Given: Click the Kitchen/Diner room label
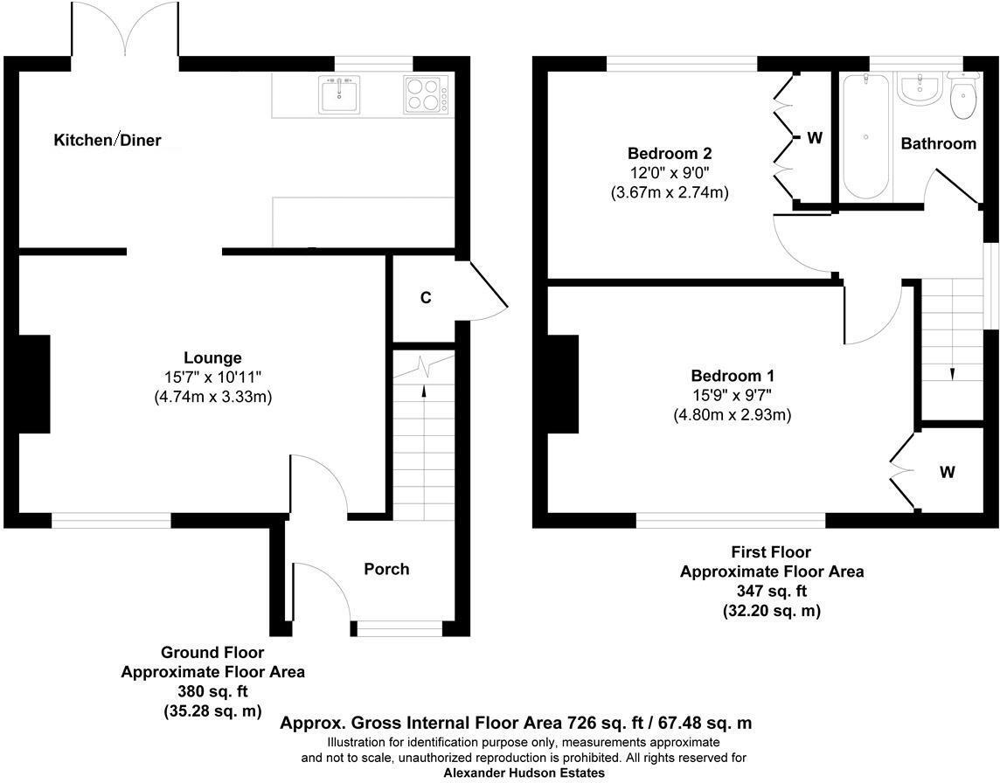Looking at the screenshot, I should pyautogui.click(x=108, y=140).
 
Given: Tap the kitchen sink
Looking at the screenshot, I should pyautogui.click(x=338, y=94).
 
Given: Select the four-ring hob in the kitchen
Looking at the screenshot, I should pyautogui.click(x=423, y=94).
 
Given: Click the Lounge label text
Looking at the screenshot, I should pyautogui.click(x=212, y=357).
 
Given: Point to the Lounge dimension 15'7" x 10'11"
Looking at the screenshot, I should pyautogui.click(x=212, y=377).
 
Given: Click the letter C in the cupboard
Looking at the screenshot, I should pyautogui.click(x=426, y=298).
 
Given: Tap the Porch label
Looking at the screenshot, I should pyautogui.click(x=386, y=569).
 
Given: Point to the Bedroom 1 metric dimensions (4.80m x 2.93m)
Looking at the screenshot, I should pyautogui.click(x=732, y=415).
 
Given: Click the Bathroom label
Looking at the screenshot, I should pyautogui.click(x=938, y=143).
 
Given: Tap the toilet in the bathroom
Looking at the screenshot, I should pyautogui.click(x=963, y=99).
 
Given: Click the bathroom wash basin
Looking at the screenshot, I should pyautogui.click(x=919, y=88).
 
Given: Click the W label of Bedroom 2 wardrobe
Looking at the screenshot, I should pyautogui.click(x=815, y=138).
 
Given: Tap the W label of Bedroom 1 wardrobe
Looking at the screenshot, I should pyautogui.click(x=948, y=473).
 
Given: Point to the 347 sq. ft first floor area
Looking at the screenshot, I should pyautogui.click(x=772, y=592).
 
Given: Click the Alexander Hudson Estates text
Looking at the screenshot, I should pyautogui.click(x=524, y=773).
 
